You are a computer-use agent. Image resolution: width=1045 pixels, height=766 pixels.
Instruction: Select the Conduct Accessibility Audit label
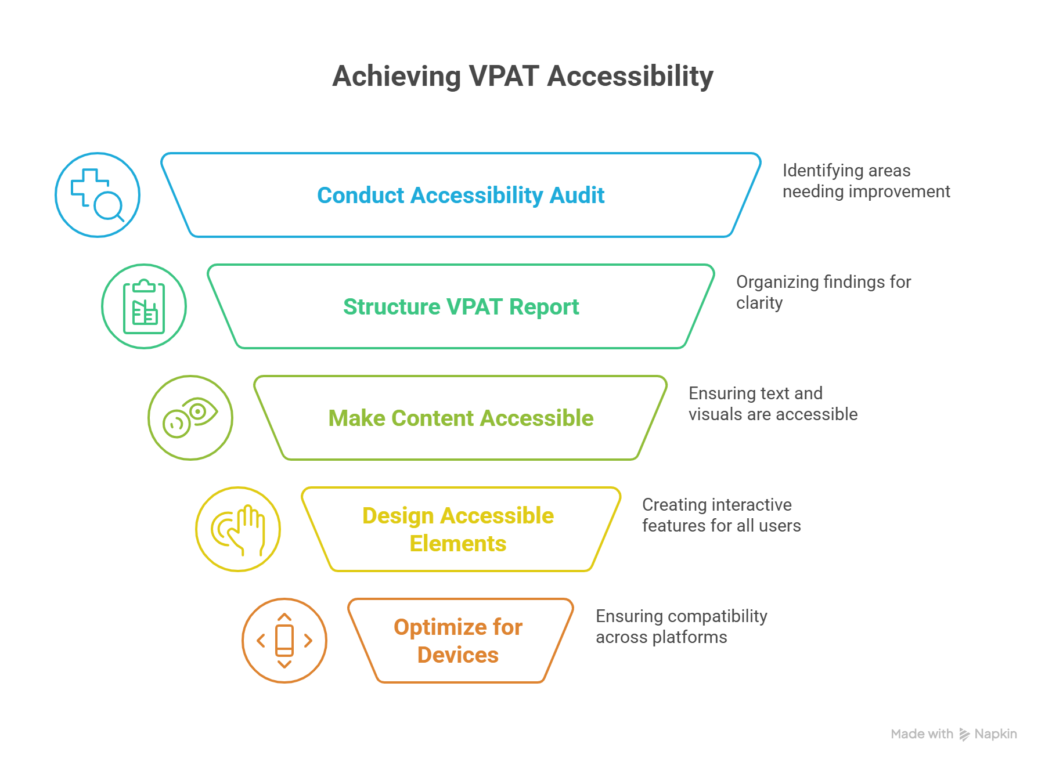[460, 196]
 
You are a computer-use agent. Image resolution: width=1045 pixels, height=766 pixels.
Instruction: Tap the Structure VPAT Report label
[460, 307]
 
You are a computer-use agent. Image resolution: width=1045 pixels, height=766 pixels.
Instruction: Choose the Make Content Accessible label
[460, 418]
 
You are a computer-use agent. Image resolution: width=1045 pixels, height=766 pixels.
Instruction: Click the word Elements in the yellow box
[457, 544]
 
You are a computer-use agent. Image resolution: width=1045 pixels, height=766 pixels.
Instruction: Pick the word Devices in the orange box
[457, 655]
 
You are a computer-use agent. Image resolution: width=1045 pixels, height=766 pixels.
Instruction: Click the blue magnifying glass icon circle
[98, 195]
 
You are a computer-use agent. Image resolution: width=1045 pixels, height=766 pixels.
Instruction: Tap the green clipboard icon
[144, 307]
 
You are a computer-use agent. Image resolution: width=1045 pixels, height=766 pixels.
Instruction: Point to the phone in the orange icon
[284, 641]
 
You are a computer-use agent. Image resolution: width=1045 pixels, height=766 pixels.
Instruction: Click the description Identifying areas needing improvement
[865, 181]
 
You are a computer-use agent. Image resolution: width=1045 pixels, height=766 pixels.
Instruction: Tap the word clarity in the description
[759, 303]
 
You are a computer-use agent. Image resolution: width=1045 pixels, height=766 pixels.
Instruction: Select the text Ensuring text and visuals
[772, 404]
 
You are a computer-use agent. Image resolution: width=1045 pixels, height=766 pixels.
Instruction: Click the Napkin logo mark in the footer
[964, 734]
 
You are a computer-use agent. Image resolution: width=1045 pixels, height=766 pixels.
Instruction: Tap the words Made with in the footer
[921, 734]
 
